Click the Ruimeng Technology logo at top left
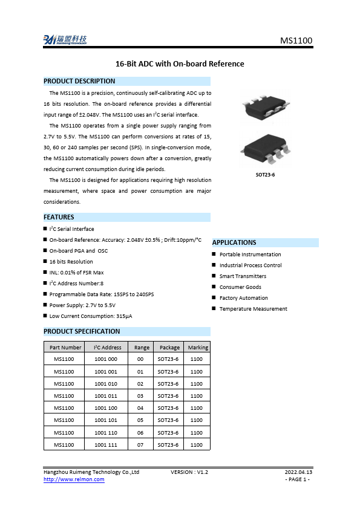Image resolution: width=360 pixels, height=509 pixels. [x=65, y=40]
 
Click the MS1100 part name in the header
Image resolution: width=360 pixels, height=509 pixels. [x=296, y=41]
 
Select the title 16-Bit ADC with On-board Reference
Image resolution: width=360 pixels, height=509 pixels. [x=180, y=63]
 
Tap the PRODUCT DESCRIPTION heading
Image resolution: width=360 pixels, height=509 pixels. [x=79, y=81]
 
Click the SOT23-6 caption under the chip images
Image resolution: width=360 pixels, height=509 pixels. [x=266, y=175]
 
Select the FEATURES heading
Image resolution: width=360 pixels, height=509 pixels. [x=59, y=217]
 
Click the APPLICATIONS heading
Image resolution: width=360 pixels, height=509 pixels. [x=234, y=242]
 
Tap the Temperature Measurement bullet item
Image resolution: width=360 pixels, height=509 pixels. [x=253, y=309]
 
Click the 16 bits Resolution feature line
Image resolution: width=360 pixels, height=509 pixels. [x=71, y=262]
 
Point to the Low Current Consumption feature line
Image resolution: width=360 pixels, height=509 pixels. [x=91, y=316]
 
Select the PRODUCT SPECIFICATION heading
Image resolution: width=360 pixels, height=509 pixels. [x=82, y=331]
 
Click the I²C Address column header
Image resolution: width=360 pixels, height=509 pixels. [x=108, y=348]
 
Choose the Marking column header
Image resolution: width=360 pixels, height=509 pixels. [x=198, y=348]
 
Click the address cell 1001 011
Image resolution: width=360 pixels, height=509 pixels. [x=106, y=396]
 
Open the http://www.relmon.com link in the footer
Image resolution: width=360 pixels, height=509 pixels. [x=74, y=479]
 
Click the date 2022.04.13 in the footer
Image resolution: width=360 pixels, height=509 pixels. [x=298, y=472]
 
